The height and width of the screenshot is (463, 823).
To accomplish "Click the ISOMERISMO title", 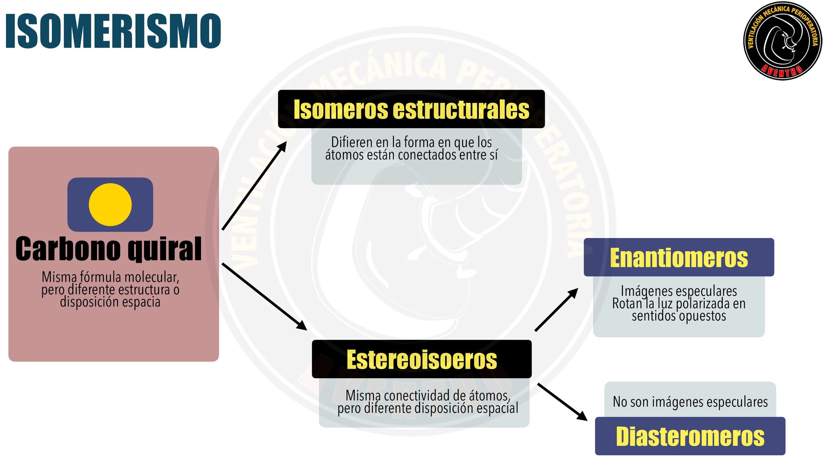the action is pos(113,31).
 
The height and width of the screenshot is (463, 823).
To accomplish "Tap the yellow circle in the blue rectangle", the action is pos(110,205).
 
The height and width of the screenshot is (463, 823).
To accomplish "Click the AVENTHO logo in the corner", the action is pos(782,41).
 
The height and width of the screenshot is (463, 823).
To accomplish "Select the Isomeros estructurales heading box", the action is pos(411,109).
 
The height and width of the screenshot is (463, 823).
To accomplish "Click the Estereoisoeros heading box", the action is pos(421,359).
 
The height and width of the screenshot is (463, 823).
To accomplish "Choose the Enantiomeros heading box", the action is pos(679,258).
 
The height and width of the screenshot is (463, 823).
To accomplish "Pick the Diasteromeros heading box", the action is pos(690,436).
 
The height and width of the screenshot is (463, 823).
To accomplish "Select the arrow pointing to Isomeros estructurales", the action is pos(255,185).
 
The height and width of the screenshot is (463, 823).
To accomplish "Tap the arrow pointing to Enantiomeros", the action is pos(556,310).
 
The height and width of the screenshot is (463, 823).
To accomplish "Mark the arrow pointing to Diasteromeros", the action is pos(562,402).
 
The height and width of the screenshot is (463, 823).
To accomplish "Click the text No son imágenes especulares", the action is pos(690,402).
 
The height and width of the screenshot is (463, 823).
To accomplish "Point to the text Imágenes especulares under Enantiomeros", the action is pos(679,291).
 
